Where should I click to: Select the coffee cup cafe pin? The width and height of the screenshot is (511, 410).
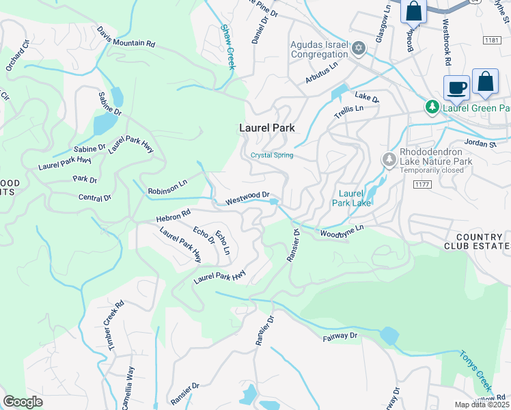(x=456, y=88)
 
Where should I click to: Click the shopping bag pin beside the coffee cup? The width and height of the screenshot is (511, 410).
(x=485, y=82)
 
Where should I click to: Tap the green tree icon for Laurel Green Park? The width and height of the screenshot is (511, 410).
(x=432, y=107)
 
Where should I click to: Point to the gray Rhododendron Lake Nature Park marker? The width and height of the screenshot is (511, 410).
(x=389, y=159)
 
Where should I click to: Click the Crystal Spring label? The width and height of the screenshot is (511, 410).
(x=272, y=155)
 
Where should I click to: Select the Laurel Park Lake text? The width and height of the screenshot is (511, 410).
(x=352, y=198)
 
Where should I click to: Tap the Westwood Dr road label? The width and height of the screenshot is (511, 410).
(x=248, y=199)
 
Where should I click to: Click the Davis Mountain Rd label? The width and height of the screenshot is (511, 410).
(x=126, y=38)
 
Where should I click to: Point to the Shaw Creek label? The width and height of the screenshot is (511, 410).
(x=227, y=47)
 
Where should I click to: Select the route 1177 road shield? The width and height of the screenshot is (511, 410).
(x=420, y=184)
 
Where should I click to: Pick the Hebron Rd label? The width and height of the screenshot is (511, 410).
(x=174, y=215)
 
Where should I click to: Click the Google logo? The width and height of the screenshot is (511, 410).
(x=23, y=401)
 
